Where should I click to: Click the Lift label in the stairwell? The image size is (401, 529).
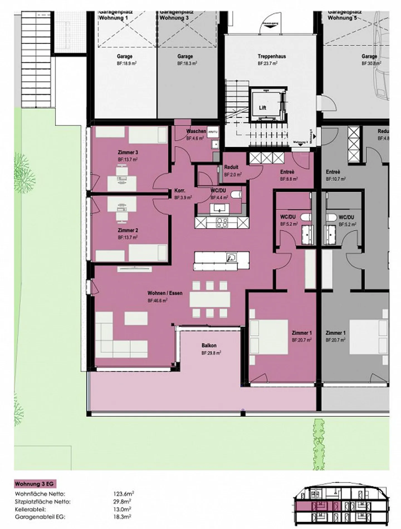coord(262,108)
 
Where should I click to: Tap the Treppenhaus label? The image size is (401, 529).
coord(272,56)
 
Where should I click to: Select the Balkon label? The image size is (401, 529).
coord(209,345)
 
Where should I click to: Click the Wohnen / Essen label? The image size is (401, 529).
coord(165,293)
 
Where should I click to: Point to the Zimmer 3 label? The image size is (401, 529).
coord(128,152)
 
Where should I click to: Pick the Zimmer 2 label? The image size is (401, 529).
coord(128,230)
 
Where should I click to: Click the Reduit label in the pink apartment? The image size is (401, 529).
coord(231,167)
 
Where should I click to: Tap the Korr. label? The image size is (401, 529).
coord(180,191)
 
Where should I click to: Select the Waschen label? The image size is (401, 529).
coord(196,131)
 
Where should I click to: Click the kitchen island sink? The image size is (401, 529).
coord(231,257)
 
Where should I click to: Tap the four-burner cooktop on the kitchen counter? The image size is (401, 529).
coord(222,222)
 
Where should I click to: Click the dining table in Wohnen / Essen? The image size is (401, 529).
coord(210,299)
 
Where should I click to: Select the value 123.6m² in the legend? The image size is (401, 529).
coord(123,494)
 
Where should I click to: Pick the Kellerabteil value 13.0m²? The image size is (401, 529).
coord(122,509)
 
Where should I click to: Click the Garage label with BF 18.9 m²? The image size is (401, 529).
coord(124,56)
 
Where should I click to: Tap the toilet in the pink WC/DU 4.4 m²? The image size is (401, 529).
coord(237,194)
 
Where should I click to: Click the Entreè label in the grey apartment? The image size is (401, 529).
coord(333,172)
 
